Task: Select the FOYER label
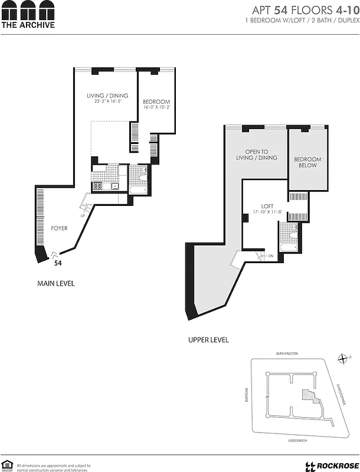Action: click(58, 228)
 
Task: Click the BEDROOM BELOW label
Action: click(307, 162)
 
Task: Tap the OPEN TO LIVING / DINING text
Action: click(261, 155)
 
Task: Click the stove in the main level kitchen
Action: click(97, 186)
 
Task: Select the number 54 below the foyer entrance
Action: click(58, 264)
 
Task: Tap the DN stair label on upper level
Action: click(270, 256)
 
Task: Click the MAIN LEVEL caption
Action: click(56, 284)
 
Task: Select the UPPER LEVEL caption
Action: click(208, 340)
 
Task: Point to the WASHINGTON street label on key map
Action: click(287, 353)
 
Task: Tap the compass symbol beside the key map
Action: click(343, 358)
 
